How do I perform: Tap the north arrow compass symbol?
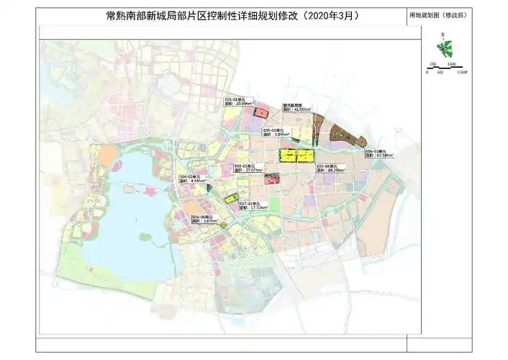pos(444,49)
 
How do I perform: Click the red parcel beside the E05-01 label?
pos(263,113)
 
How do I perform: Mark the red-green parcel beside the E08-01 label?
pos(272,179)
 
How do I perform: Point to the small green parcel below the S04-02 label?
pos(209,187)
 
